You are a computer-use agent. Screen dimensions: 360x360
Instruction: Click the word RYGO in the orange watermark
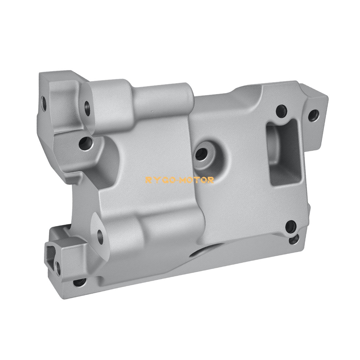click(x=158, y=180)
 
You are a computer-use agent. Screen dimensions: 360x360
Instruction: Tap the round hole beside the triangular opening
click(x=58, y=268)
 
